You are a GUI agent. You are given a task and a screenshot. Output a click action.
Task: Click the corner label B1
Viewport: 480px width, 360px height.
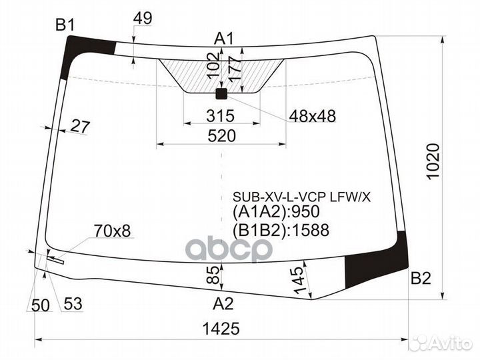point(65,25)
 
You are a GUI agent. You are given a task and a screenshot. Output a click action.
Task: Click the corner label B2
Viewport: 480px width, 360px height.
point(421,279)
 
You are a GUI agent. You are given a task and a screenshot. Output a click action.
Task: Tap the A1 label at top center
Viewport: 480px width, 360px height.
point(224,39)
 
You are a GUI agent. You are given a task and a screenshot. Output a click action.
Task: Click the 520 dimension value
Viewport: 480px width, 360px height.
point(221,136)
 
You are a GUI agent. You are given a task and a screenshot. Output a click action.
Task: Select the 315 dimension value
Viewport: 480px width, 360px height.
point(220,116)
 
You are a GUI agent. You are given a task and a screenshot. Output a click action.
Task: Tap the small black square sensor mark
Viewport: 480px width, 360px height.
point(221,94)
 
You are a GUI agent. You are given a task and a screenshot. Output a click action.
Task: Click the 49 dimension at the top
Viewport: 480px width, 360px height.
point(143,19)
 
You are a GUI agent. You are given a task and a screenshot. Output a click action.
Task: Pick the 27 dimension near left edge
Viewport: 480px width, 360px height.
point(80,126)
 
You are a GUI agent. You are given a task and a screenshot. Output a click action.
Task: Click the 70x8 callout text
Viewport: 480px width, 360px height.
point(112,231)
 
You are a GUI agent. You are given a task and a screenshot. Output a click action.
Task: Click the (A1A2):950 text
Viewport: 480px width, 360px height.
point(277,212)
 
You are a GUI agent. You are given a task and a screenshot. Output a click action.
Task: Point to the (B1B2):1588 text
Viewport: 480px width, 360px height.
point(281,230)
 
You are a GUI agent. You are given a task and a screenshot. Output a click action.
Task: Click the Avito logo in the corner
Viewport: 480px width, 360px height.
point(441,343)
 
